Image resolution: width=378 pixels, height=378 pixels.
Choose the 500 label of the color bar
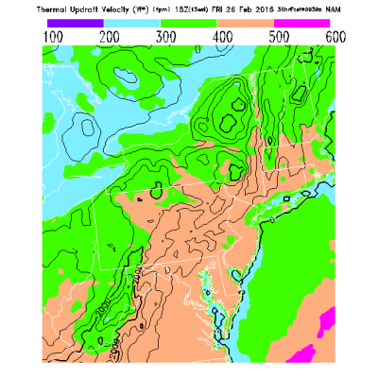click(x=277, y=34)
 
